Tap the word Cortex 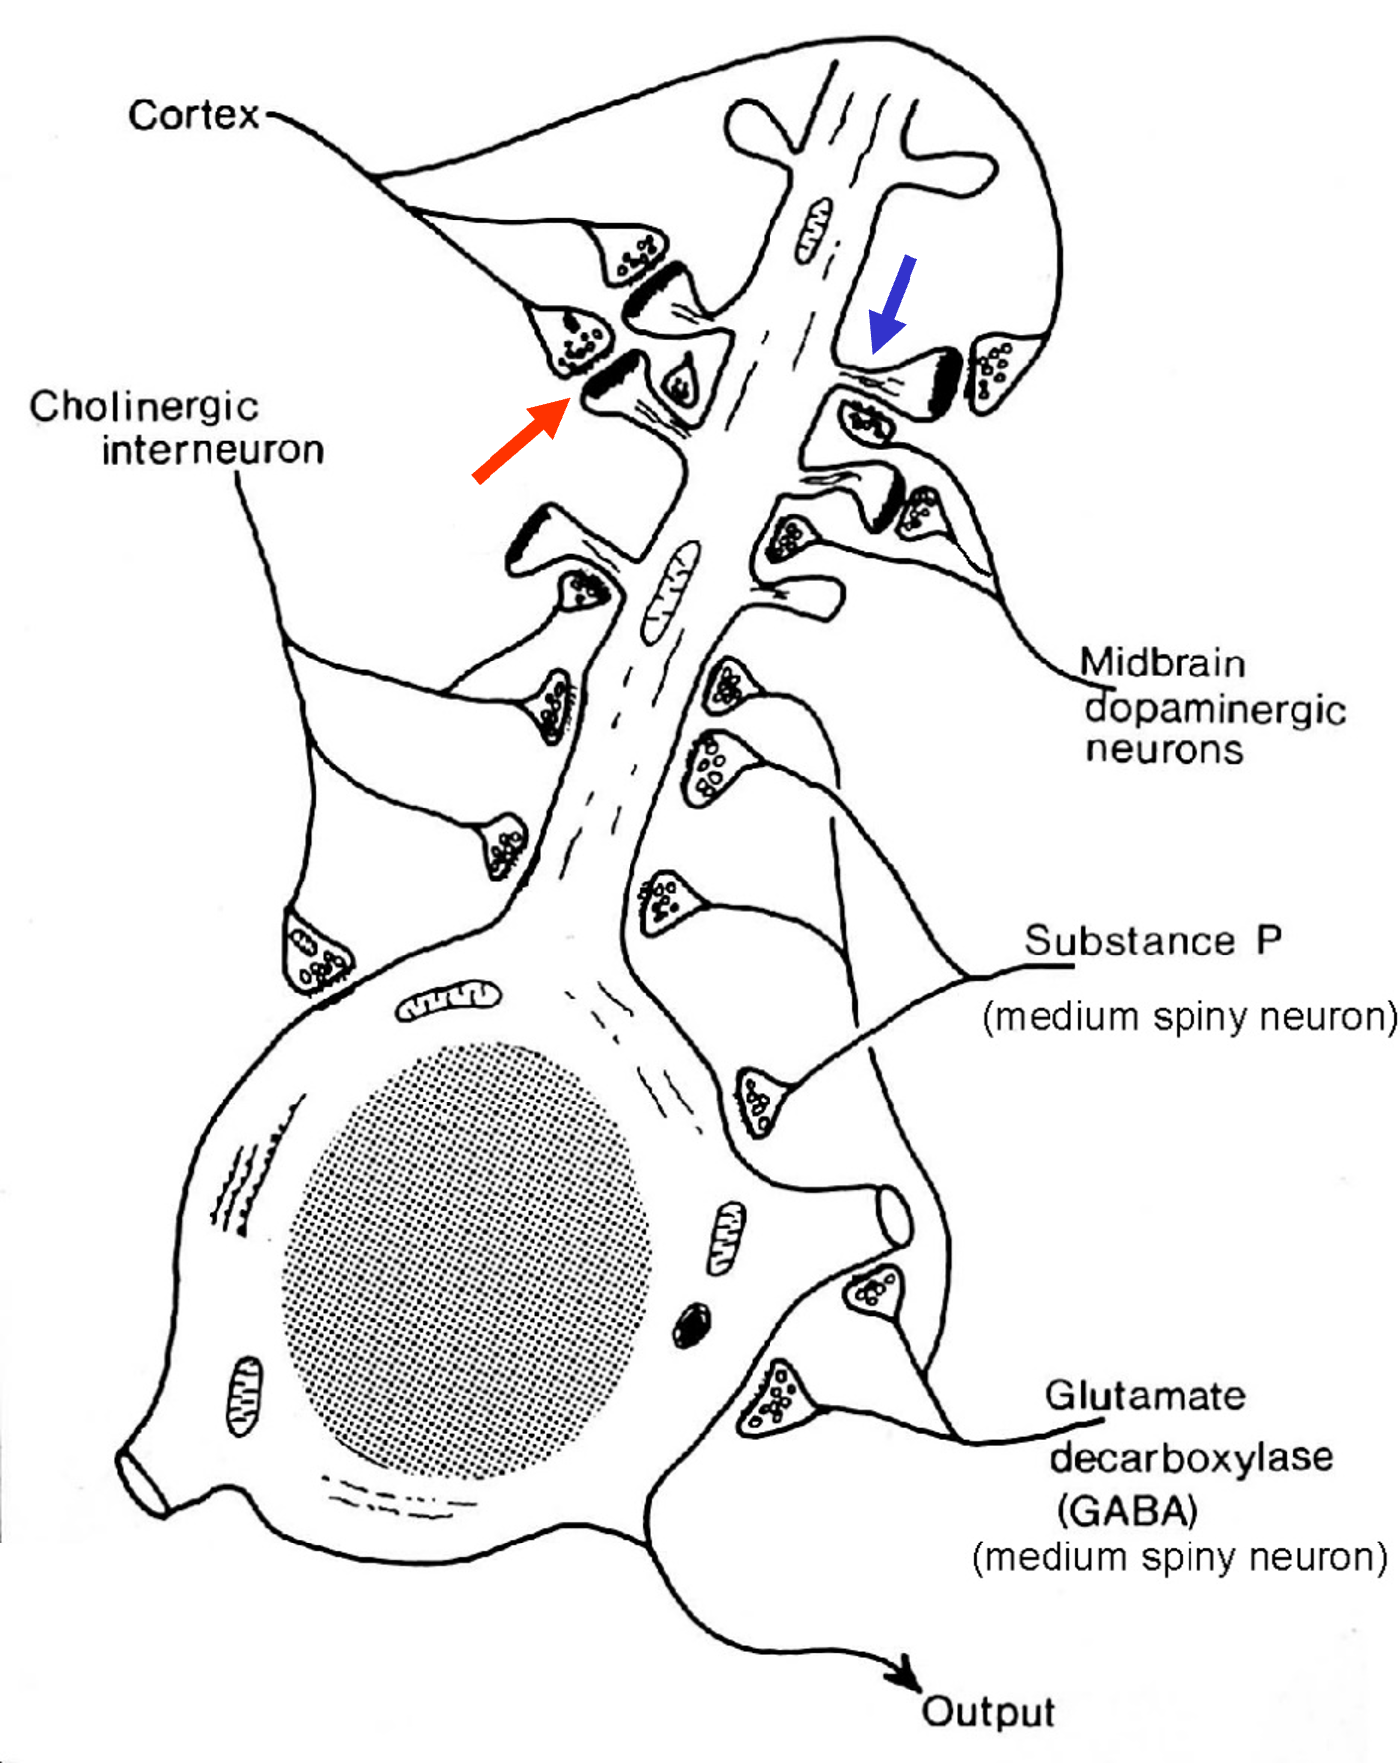point(194,115)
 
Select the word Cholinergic point(144,406)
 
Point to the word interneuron point(212,450)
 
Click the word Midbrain point(1162,662)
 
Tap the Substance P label point(1153,940)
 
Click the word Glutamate point(1145,1396)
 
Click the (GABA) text point(1128,1511)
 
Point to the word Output point(988,1711)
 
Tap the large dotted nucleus point(467,1261)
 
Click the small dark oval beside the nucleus point(692,1324)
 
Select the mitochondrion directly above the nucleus point(449,1002)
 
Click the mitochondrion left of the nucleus point(244,1396)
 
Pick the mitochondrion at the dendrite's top point(813,230)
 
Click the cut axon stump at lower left point(142,1483)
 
